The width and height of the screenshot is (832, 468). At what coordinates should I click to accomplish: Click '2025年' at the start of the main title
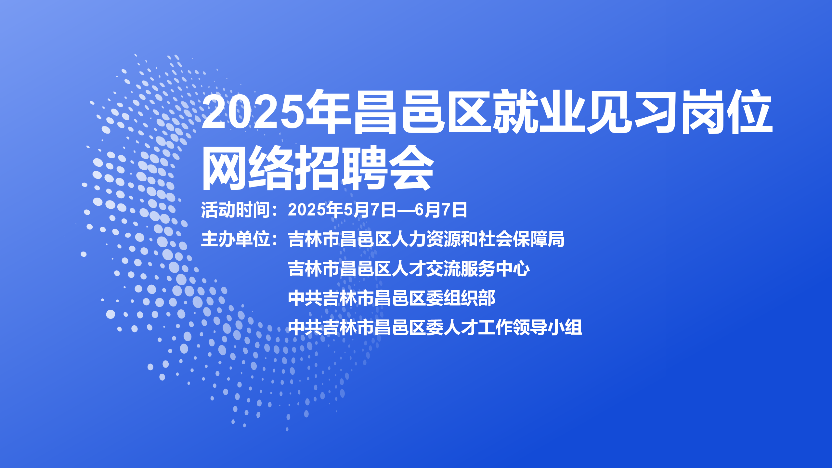276,111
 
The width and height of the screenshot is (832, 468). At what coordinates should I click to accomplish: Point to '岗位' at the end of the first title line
727,111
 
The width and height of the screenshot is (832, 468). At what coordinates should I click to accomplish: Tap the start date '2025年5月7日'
342,210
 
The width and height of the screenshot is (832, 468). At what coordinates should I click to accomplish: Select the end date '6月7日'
441,210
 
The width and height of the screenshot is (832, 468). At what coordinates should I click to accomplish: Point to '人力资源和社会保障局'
478,239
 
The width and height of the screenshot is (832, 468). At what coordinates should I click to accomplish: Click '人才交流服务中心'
461,269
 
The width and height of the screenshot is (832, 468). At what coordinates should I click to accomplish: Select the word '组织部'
469,298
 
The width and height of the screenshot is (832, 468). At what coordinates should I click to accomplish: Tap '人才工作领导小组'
513,327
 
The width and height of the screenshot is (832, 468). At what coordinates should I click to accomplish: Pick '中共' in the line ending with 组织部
305,298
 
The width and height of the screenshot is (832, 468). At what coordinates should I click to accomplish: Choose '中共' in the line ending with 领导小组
305,327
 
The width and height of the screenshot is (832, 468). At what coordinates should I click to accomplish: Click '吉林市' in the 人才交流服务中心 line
314,269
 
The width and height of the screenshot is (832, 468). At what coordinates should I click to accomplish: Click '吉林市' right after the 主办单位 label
314,239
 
